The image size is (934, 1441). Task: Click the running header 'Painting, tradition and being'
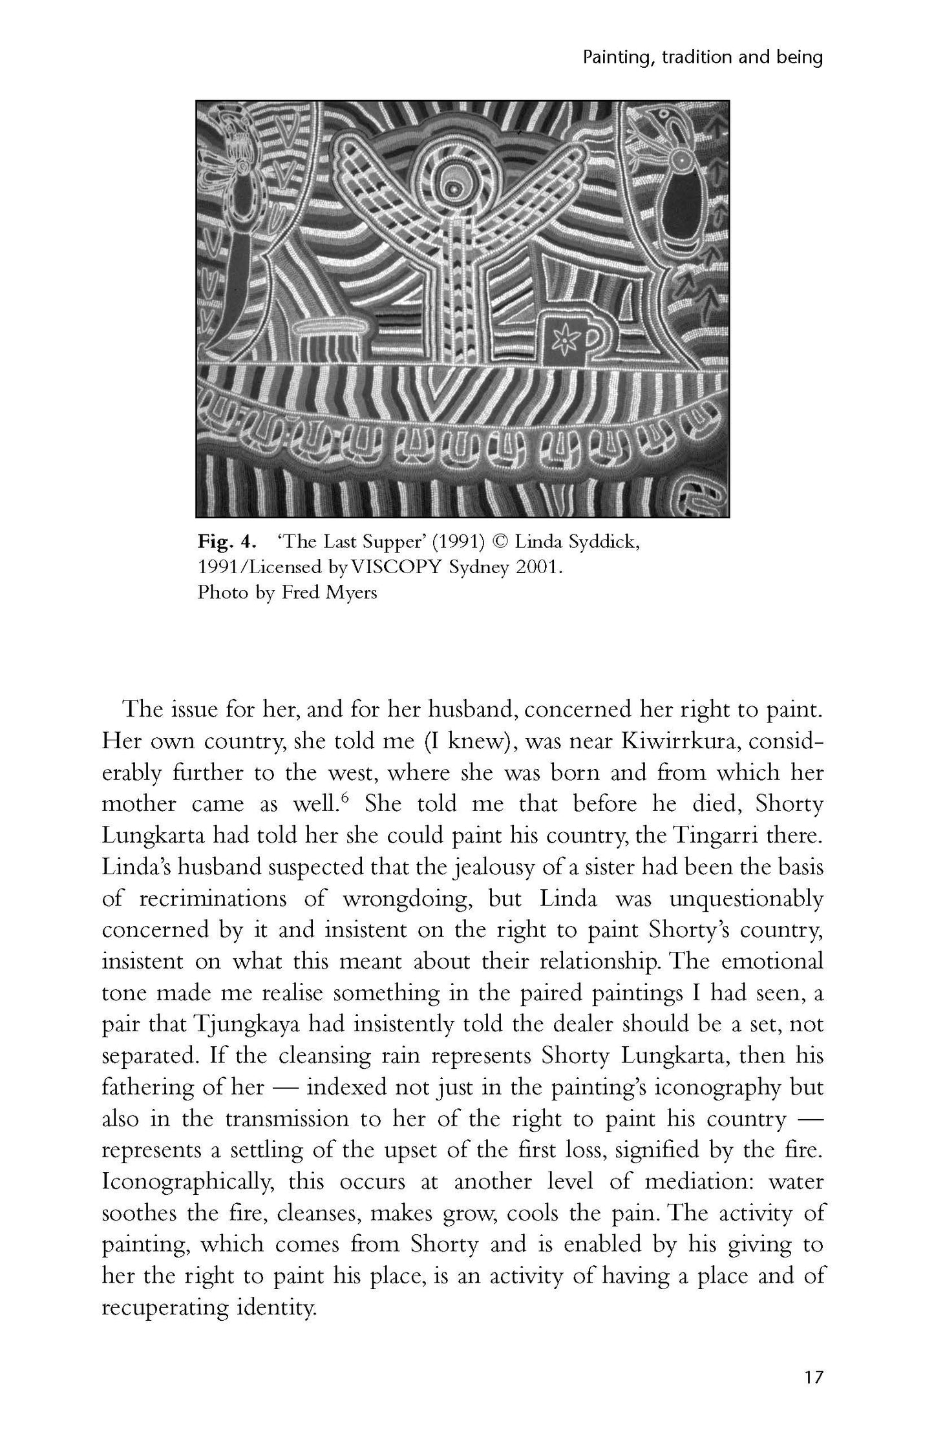point(703,58)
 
